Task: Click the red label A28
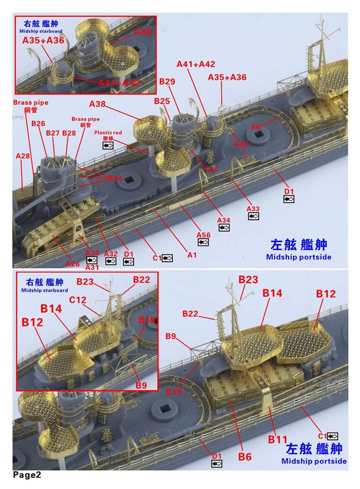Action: [22, 156]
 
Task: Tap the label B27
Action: [53, 133]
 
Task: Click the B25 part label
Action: [162, 101]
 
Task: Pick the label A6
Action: [256, 127]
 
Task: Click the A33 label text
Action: [253, 209]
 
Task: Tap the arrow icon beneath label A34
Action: [223, 228]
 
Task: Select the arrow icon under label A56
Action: [203, 242]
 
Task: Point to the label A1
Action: [192, 255]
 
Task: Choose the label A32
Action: [111, 254]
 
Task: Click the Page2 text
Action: [27, 475]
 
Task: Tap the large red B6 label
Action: [244, 457]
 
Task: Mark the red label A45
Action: [212, 170]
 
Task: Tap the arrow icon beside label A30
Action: [92, 260]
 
